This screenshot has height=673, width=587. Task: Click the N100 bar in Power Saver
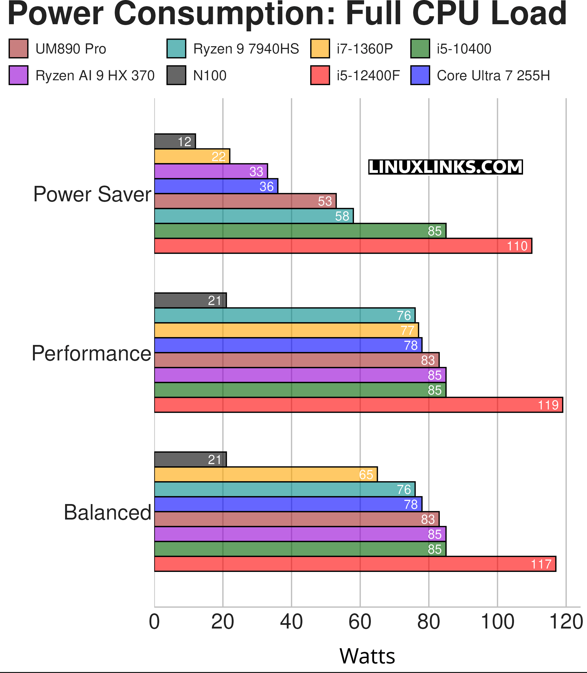[175, 141]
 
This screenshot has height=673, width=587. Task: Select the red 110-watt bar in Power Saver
[343, 246]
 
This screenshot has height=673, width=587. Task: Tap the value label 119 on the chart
[548, 405]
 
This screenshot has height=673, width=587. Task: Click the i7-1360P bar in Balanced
[265, 474]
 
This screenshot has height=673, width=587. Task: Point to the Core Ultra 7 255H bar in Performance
[288, 345]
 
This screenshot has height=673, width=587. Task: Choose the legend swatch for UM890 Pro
[18, 48]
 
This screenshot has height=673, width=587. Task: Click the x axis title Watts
[367, 656]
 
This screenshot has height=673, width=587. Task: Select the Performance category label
[91, 353]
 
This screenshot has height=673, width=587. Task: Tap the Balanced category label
[107, 512]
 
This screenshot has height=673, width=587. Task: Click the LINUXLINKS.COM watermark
[445, 167]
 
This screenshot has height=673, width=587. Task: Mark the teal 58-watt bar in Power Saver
[254, 216]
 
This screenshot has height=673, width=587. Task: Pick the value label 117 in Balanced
[541, 564]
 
